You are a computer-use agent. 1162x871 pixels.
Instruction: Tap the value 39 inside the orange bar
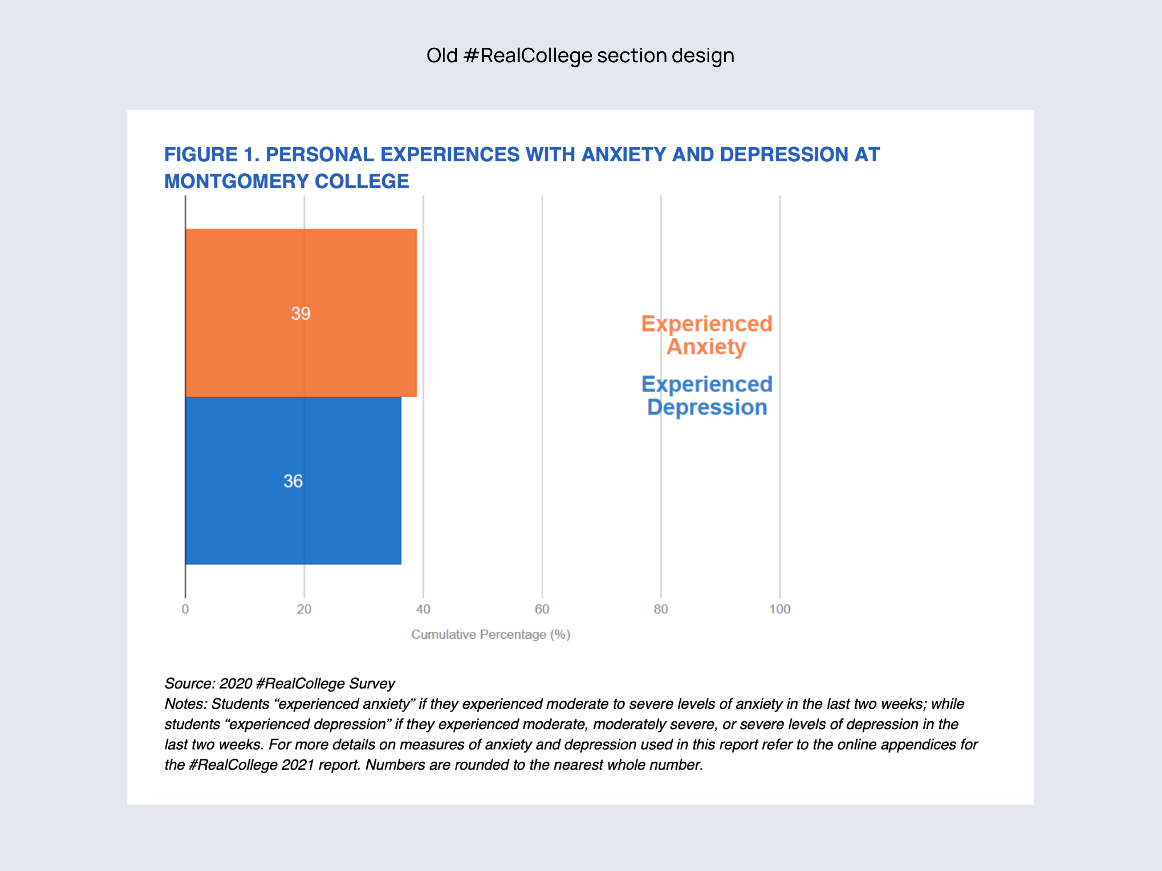click(x=300, y=314)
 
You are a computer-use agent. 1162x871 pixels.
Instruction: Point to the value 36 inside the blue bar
click(x=293, y=481)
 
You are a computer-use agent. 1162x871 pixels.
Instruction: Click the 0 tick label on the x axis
click(x=185, y=609)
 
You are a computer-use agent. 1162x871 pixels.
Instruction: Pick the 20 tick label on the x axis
click(x=304, y=609)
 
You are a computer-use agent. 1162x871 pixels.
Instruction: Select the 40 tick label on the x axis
click(x=423, y=609)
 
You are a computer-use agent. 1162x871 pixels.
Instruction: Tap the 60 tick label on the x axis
click(x=542, y=609)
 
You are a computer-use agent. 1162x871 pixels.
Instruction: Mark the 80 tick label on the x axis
click(x=661, y=609)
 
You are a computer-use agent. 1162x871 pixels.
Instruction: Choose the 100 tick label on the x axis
click(x=779, y=609)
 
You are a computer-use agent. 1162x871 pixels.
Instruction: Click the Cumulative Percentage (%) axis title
click(x=491, y=634)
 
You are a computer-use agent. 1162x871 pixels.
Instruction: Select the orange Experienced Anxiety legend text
click(x=707, y=335)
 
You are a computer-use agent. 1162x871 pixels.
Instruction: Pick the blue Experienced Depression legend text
click(x=707, y=395)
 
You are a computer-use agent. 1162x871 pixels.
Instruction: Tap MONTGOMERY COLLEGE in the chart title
click(x=286, y=182)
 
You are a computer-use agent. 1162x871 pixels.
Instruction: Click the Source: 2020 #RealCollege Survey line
click(x=279, y=684)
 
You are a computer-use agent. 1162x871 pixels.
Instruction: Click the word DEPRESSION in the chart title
click(x=784, y=155)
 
